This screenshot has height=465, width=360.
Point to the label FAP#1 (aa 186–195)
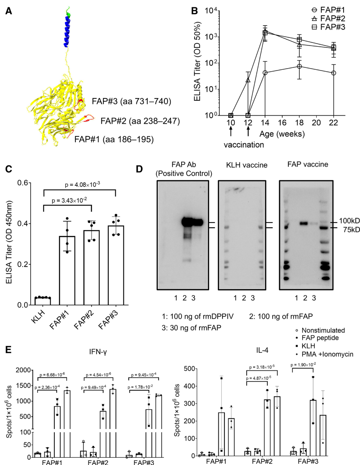[114, 139]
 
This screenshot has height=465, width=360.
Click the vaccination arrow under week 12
[248, 131]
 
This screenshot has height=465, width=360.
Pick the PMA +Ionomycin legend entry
[326, 354]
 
